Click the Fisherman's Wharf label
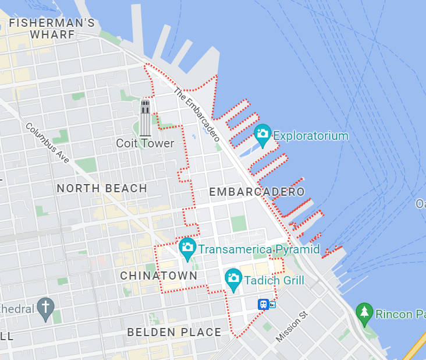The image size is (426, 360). [x=52, y=29]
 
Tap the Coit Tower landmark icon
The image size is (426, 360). [x=145, y=117]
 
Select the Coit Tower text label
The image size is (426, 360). [x=145, y=143]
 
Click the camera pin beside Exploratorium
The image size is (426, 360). [x=262, y=135]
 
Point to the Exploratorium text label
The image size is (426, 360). [x=311, y=136]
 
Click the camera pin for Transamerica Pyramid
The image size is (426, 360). [x=187, y=248]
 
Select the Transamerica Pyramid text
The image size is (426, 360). [x=259, y=250]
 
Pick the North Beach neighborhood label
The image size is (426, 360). [x=102, y=188]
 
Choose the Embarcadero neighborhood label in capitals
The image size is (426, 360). [x=257, y=192]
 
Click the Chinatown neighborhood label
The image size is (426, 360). [x=159, y=275]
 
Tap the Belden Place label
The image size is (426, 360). [x=174, y=333]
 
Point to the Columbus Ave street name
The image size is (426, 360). [x=49, y=143]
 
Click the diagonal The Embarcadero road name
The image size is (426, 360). [x=197, y=115]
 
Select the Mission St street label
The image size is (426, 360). [x=292, y=327]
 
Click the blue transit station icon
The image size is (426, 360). [x=264, y=304]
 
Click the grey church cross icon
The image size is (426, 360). [x=45, y=307]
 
